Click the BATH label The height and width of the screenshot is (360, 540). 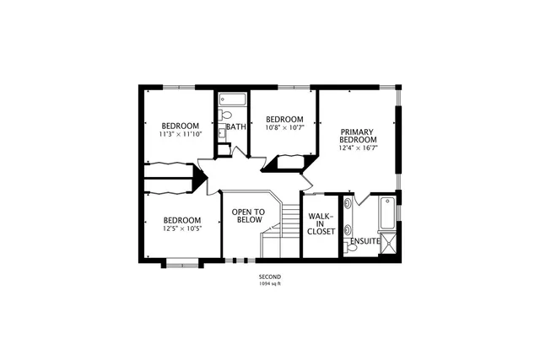click(236, 127)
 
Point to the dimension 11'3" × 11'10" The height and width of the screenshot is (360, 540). click(181, 134)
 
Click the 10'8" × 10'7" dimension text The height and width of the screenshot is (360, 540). click(284, 127)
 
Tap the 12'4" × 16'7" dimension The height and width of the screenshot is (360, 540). click(358, 148)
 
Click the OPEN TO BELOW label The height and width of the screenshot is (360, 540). click(249, 215)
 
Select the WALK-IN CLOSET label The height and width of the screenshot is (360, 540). click(321, 223)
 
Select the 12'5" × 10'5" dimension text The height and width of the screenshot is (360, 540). click(182, 228)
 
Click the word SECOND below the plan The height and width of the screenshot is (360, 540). click(270, 277)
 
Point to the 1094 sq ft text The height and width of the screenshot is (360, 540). click(270, 283)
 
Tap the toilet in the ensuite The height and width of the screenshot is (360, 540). click(351, 247)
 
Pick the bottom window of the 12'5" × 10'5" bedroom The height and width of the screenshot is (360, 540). click(181, 265)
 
